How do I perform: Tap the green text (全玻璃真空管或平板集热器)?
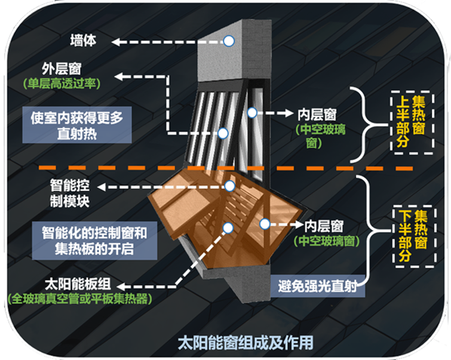pyautogui.click(x=77, y=297)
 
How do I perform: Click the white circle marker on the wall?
pyautogui.click(x=228, y=41)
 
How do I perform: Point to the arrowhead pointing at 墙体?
pyautogui.click(x=118, y=41)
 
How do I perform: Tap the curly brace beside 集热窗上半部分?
pyautogui.click(x=363, y=124)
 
